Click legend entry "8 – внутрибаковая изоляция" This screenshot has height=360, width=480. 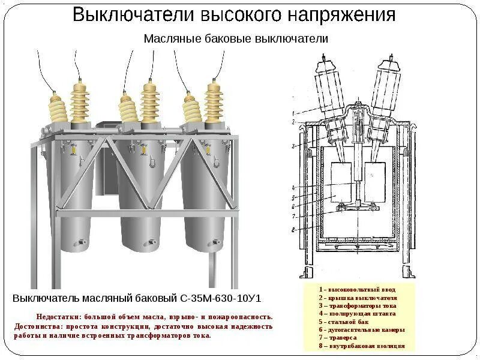(x=361, y=346)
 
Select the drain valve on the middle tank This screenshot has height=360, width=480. (x=146, y=243)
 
